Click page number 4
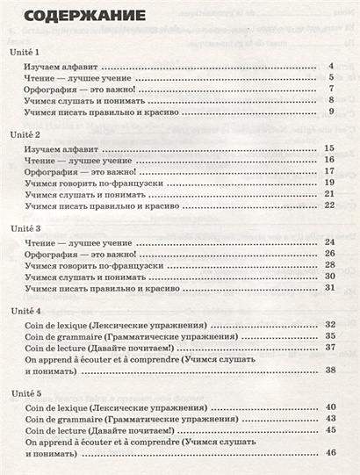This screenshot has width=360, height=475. [x=331, y=67]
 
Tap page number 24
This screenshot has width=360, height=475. [x=329, y=241]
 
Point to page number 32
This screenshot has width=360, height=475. [x=329, y=324]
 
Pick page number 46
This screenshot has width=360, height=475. [x=329, y=451]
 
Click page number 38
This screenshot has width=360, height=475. [x=329, y=371]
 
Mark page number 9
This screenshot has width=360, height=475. [x=331, y=112]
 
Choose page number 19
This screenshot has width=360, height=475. [x=329, y=183]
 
